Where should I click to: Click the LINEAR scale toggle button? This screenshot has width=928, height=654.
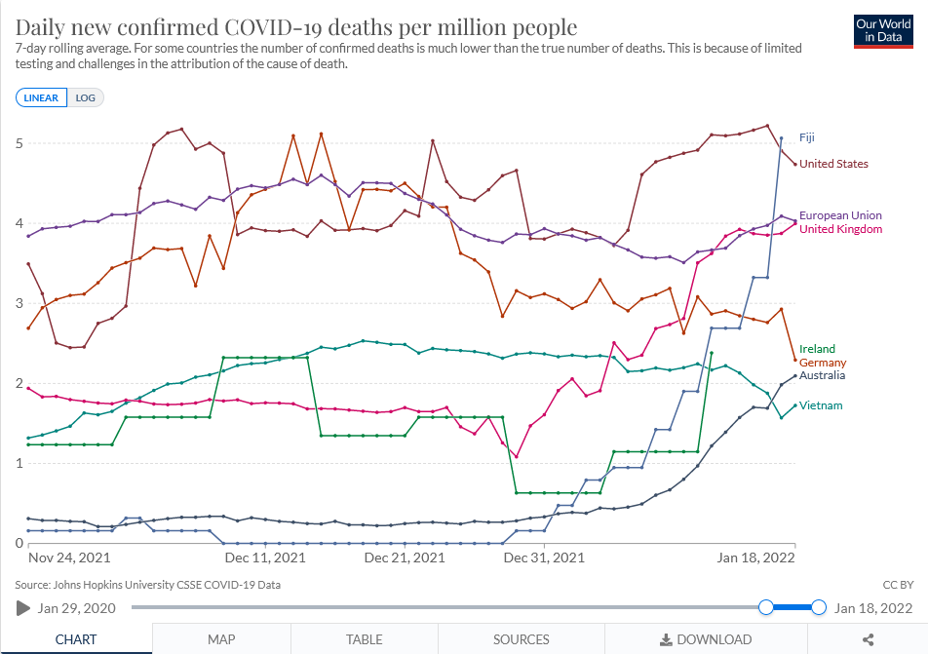point(41,97)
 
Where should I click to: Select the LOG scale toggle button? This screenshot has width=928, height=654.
point(86,97)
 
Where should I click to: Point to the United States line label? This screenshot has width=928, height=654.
point(833,164)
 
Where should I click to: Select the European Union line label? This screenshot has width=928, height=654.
point(840,215)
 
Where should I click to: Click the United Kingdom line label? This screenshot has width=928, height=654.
point(840,229)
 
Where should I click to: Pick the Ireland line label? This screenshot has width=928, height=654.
point(816,349)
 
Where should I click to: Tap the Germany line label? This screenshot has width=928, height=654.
point(822,363)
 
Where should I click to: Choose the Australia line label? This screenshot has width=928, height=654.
point(822,375)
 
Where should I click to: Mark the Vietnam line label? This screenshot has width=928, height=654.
point(821,405)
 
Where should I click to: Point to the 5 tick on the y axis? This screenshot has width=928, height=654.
point(19,143)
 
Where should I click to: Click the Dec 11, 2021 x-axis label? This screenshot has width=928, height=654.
point(264,558)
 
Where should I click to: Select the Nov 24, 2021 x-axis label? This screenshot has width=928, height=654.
point(69,558)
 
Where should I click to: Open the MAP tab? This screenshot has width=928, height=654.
point(221,639)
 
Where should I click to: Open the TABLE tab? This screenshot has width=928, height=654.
point(364,639)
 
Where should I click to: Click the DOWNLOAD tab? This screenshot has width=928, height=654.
point(706,639)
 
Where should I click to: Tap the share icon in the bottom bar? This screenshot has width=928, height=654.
point(869,639)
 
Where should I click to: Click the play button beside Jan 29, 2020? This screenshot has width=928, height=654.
point(22,608)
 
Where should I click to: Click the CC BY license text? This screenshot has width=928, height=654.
point(898,585)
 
